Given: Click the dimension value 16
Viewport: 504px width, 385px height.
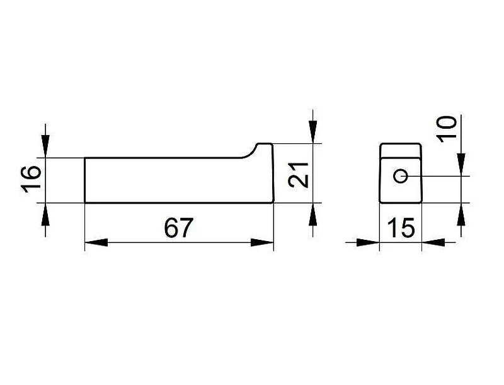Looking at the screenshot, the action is coord(31,179).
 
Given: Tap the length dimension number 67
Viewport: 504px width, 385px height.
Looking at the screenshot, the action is coord(178,228).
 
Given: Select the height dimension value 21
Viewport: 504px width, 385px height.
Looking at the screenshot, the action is coord(298,175).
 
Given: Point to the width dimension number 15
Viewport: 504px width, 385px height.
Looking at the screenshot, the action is coord(401,228).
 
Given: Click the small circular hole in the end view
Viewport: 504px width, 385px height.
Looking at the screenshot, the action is coord(401,176).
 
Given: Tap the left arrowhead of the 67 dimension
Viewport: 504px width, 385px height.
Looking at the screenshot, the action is coord(96,242).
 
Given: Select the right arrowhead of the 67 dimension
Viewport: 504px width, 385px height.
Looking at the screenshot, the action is coord(262,242).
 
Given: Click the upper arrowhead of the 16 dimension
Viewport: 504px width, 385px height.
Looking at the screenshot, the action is coord(45,146).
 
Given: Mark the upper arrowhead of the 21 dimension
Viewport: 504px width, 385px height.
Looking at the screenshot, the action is coord(312,132).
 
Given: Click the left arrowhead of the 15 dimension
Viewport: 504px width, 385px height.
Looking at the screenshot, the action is coord(369,242).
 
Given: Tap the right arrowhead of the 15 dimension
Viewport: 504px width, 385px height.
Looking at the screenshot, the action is coord(433,242).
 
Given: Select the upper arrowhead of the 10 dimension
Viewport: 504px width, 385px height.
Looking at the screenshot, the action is coord(461,165).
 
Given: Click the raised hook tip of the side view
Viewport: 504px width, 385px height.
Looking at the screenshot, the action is coord(264,143).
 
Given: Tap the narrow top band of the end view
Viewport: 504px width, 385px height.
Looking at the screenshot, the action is coord(401,150).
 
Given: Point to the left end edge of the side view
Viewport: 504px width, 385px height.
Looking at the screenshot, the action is coord(84,181).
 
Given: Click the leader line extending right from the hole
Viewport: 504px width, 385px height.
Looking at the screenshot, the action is coord(438,176).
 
